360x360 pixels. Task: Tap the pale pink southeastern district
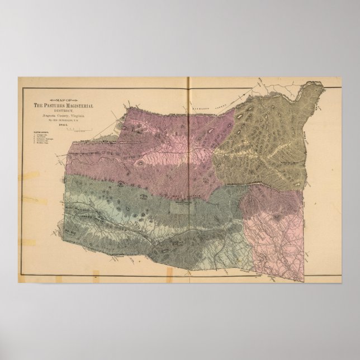[x=280, y=235]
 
